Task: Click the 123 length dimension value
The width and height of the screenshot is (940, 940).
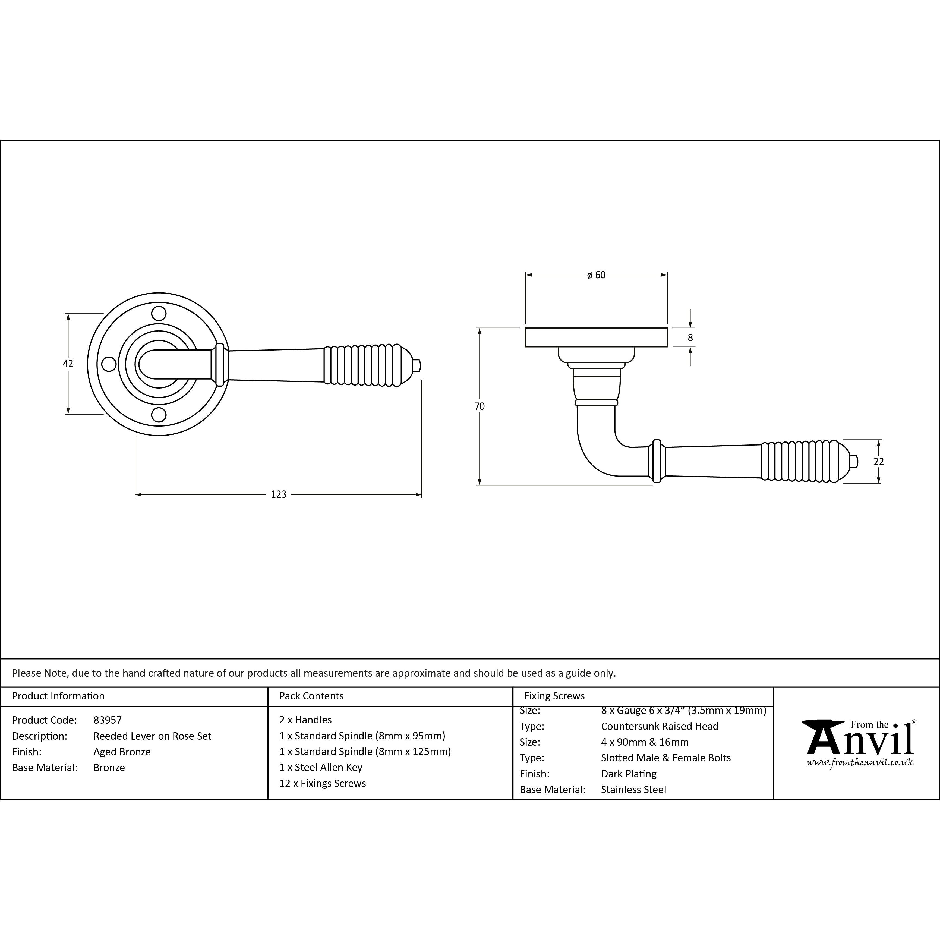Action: coord(278,494)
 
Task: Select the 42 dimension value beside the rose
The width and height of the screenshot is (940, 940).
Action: coord(68,364)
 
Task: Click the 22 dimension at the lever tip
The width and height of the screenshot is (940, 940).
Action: coord(879,462)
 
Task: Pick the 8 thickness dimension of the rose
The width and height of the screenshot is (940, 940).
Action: coord(690,337)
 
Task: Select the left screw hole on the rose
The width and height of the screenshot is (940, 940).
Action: coord(109,364)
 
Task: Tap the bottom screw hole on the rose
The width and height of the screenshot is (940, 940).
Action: coord(159,415)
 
